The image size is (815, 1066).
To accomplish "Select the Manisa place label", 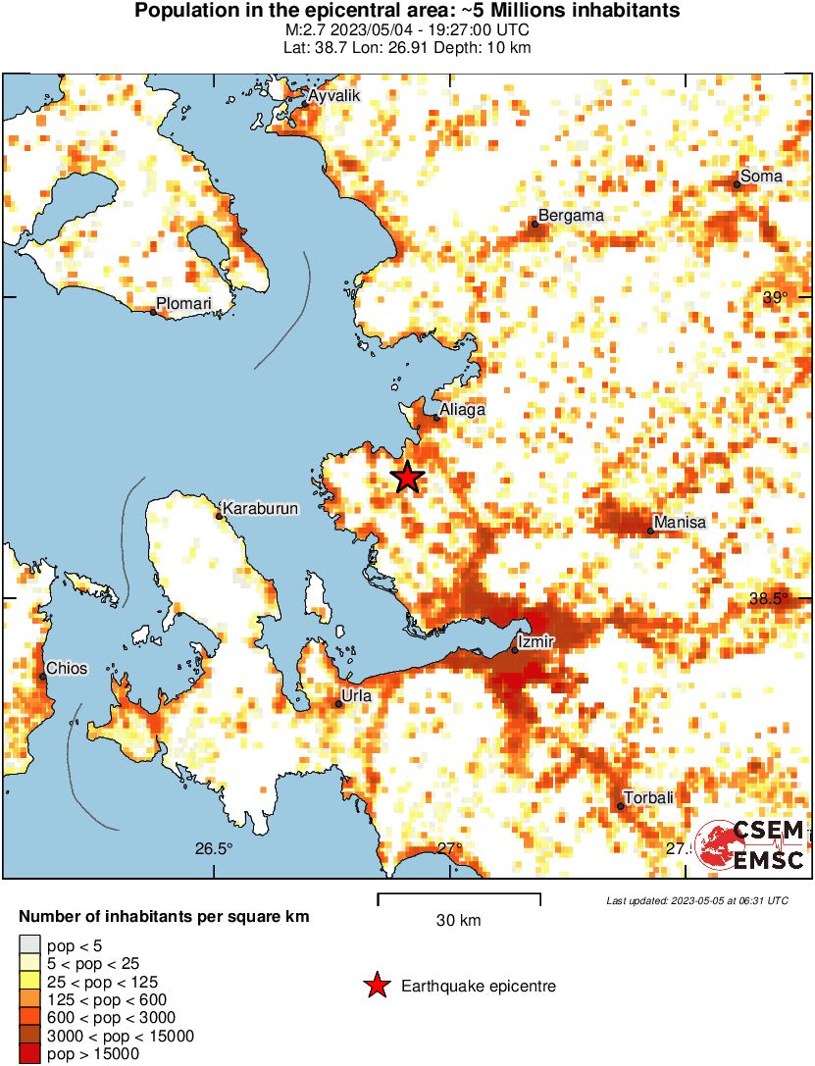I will pos(680,522).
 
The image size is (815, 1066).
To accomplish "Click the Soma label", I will pos(762,176).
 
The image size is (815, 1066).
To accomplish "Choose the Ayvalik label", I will pos(334,96).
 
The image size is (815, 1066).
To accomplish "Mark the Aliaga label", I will pos(463,409).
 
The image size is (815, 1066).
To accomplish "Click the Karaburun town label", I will pos(260,508).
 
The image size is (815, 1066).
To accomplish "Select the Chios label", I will pos(67,668).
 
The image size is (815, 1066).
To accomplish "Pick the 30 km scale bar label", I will pos(458,920).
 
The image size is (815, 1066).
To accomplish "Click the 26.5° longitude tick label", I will pos(214,848).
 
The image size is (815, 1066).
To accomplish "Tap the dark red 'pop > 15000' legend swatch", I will pos(29,1053).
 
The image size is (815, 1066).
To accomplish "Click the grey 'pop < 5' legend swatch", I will pos(29,945).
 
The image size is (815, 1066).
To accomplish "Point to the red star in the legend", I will pos(375,986).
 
